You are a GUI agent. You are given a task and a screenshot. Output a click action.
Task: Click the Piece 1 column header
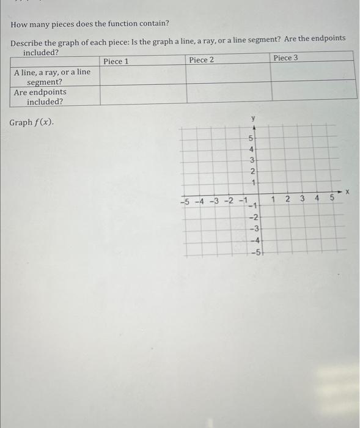tap(116, 61)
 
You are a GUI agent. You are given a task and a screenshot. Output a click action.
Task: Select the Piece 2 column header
tap(202, 60)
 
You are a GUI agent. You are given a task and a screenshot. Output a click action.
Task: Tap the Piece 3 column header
tap(286, 57)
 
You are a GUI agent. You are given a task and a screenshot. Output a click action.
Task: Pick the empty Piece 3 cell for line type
tap(313, 73)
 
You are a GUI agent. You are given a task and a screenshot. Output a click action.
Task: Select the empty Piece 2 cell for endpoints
tap(229, 93)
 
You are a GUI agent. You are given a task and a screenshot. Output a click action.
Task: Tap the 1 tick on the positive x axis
tap(273, 199)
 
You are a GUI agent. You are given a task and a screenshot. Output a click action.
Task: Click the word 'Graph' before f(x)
tap(21, 122)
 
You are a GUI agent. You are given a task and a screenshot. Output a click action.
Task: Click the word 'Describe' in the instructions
tap(29, 39)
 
